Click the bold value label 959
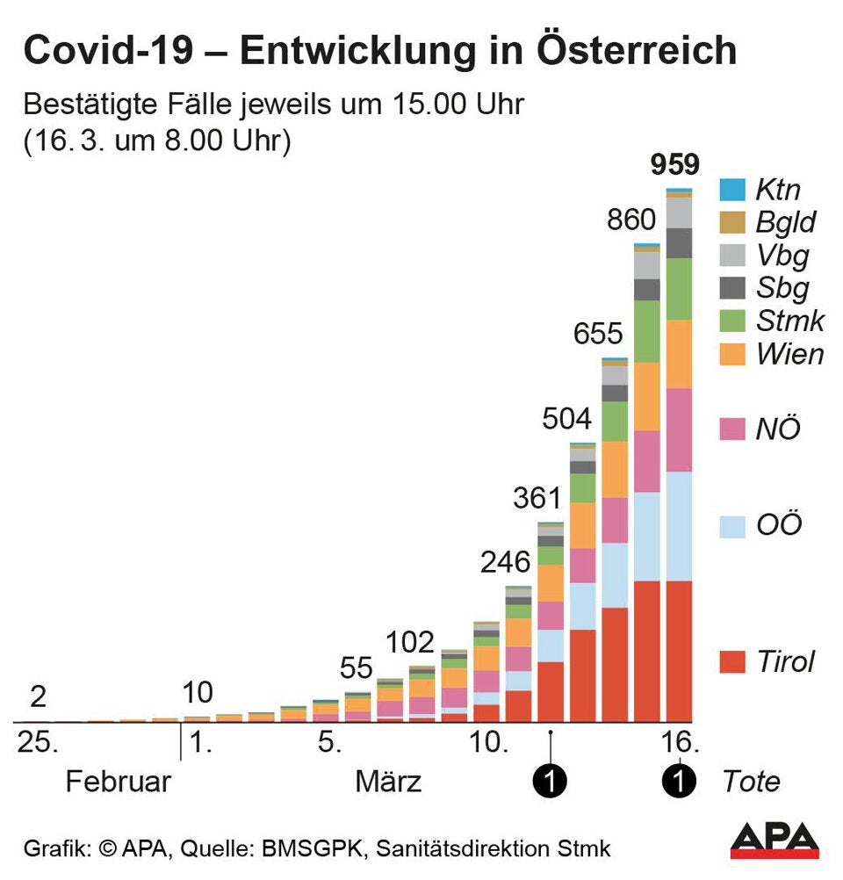674,164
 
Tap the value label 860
631,220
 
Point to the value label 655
598,334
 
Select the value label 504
566,418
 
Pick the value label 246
505,562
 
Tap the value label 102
410,642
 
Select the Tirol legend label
786,661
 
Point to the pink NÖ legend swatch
731,429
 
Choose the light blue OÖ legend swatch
731,526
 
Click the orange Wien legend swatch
731,354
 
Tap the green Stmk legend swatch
731,321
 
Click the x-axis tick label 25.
39,744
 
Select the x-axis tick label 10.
490,744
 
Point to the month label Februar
118,782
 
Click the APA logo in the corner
775,841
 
